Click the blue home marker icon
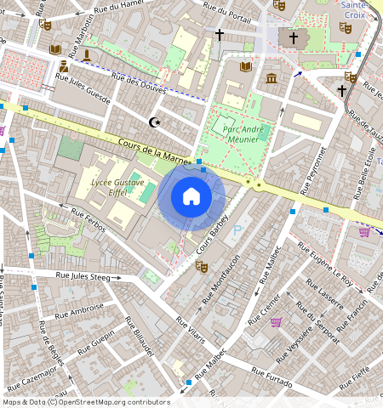point(191,196)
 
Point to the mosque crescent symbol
point(155,122)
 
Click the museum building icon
point(272,79)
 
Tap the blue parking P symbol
point(237,229)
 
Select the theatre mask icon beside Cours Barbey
point(202,266)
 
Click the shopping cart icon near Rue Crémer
point(276,322)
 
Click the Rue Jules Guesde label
point(83,89)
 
